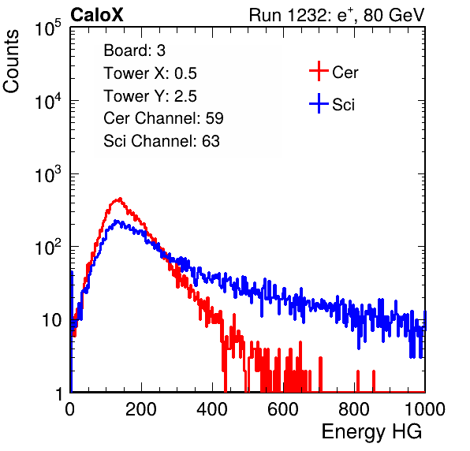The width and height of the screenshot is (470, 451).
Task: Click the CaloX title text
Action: (x=97, y=15)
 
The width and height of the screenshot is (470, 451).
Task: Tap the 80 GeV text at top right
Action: (x=394, y=15)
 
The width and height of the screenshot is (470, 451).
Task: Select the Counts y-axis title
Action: (x=11, y=61)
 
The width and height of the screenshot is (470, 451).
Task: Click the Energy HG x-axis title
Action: (x=371, y=432)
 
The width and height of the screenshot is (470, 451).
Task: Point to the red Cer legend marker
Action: (x=319, y=71)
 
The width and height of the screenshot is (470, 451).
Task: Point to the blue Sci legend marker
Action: (x=319, y=104)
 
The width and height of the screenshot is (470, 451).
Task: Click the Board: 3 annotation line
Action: (x=134, y=50)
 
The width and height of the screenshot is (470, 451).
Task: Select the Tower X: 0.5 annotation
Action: (x=150, y=73)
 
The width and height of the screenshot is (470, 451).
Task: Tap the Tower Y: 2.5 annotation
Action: (x=150, y=96)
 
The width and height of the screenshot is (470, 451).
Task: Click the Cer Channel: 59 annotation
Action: (x=163, y=118)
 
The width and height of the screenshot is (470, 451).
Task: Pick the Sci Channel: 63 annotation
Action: (x=162, y=141)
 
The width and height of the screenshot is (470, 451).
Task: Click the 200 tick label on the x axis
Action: (x=141, y=409)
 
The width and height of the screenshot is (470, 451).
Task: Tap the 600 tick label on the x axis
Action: (x=283, y=409)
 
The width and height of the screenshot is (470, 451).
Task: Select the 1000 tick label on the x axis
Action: (x=425, y=409)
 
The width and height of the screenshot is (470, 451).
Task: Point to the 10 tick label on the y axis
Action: (x=52, y=320)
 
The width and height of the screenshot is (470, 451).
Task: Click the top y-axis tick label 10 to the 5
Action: (x=48, y=28)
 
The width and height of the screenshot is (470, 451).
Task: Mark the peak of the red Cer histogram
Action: (x=120, y=199)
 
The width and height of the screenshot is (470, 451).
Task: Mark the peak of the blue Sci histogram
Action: (x=117, y=221)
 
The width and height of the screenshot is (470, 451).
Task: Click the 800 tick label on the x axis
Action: (x=354, y=409)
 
